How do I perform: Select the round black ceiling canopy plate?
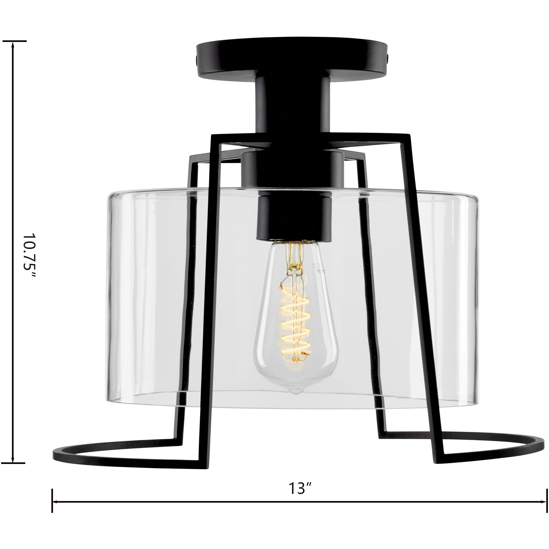pyautogui.click(x=293, y=58)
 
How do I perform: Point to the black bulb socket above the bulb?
pyautogui.click(x=294, y=216)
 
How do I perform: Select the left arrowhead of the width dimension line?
pyautogui.click(x=55, y=510)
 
